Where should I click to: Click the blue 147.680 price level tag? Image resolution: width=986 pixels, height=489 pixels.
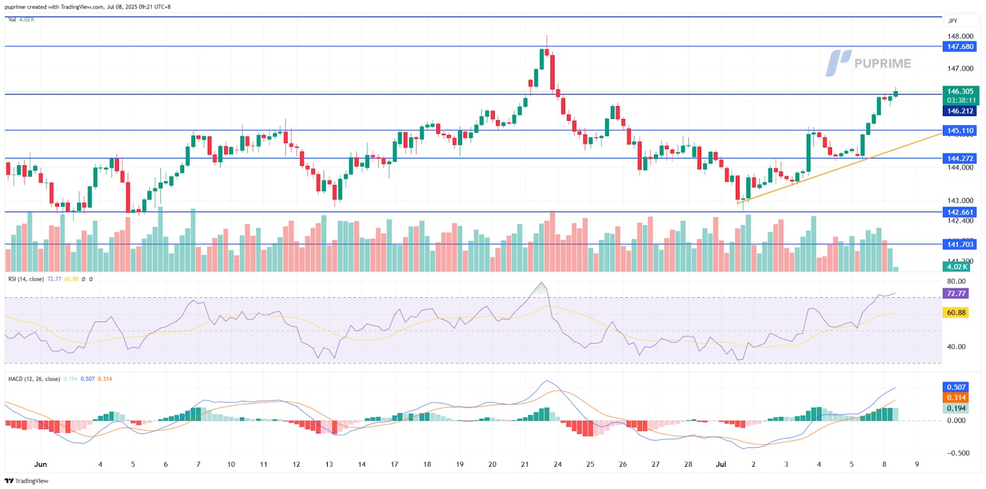pyautogui.click(x=960, y=47)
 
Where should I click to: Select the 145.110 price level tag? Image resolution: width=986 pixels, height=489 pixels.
pyautogui.click(x=960, y=131)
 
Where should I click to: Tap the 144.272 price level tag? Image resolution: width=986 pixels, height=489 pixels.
pyautogui.click(x=960, y=158)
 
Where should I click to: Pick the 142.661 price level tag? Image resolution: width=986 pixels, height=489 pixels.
pyautogui.click(x=960, y=212)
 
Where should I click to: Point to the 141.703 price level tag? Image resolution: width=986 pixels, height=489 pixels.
pyautogui.click(x=960, y=245)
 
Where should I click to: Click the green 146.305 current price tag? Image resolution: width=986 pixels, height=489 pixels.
pyautogui.click(x=960, y=91)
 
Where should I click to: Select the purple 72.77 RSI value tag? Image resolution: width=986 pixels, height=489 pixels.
pyautogui.click(x=956, y=294)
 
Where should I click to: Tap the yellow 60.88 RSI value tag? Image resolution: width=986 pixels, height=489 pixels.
pyautogui.click(x=956, y=313)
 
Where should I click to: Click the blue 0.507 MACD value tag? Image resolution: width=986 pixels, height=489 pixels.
pyautogui.click(x=956, y=387)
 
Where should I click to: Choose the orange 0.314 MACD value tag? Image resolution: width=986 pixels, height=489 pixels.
pyautogui.click(x=956, y=398)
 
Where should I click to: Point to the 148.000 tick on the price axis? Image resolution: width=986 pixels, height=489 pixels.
pyautogui.click(x=960, y=36)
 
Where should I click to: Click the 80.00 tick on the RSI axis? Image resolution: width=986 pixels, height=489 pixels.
pyautogui.click(x=956, y=281)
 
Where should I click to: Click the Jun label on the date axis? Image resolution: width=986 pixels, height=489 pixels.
pyautogui.click(x=41, y=464)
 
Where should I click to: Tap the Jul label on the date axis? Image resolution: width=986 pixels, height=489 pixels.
pyautogui.click(x=721, y=464)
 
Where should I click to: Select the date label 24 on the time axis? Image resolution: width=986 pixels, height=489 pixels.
pyautogui.click(x=557, y=464)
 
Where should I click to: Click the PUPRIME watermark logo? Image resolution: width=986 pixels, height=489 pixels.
pyautogui.click(x=868, y=63)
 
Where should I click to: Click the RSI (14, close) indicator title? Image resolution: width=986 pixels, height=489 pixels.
pyautogui.click(x=26, y=279)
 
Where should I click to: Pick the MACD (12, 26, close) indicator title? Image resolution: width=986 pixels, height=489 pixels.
pyautogui.click(x=34, y=379)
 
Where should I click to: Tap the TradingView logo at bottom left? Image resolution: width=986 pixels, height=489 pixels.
pyautogui.click(x=26, y=481)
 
